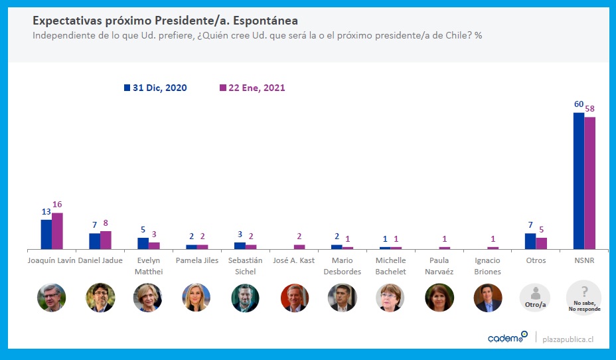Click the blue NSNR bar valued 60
(579, 181)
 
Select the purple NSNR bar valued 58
(590, 183)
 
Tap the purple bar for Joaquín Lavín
(57, 231)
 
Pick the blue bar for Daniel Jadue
(95, 241)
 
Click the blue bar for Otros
(530, 241)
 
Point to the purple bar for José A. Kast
(299, 247)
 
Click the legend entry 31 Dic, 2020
(155, 88)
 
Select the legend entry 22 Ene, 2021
(252, 88)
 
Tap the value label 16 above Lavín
(57, 205)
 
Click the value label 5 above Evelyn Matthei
(143, 230)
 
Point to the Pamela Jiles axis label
(197, 260)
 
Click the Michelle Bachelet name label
(391, 266)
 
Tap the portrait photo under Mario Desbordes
(343, 298)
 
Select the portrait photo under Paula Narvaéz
(439, 298)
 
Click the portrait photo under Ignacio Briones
(488, 298)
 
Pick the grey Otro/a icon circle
(536, 298)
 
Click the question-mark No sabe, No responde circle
(584, 298)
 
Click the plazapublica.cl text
(568, 339)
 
